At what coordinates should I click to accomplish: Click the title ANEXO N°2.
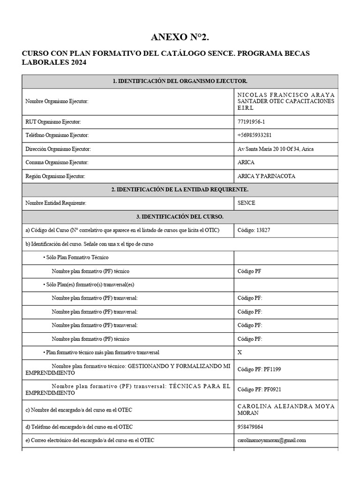pyautogui.click(x=180, y=37)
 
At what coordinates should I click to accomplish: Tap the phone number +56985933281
pyautogui.click(x=255, y=135)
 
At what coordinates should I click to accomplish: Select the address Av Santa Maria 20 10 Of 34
pyautogui.click(x=276, y=149)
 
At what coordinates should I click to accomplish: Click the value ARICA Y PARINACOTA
pyautogui.click(x=267, y=176)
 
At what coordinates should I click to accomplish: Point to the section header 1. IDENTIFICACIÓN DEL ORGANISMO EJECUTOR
pyautogui.click(x=180, y=82)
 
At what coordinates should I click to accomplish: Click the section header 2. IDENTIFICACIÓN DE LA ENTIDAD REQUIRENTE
pyautogui.click(x=180, y=189)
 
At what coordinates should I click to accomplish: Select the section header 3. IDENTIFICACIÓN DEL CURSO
pyautogui.click(x=180, y=217)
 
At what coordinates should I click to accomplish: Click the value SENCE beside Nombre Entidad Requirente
pyautogui.click(x=247, y=203)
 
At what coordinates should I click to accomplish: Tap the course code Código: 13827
pyautogui.click(x=254, y=230)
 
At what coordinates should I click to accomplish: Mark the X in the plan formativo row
pyautogui.click(x=240, y=352)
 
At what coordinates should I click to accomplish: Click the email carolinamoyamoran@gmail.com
pyautogui.click(x=272, y=440)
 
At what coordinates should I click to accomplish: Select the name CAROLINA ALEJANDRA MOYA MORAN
pyautogui.click(x=286, y=409)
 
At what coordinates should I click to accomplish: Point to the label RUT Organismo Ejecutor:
pyautogui.click(x=53, y=122)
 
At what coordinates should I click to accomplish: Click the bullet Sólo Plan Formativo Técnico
pyautogui.click(x=78, y=258)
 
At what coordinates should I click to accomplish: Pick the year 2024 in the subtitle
pyautogui.click(x=78, y=62)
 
